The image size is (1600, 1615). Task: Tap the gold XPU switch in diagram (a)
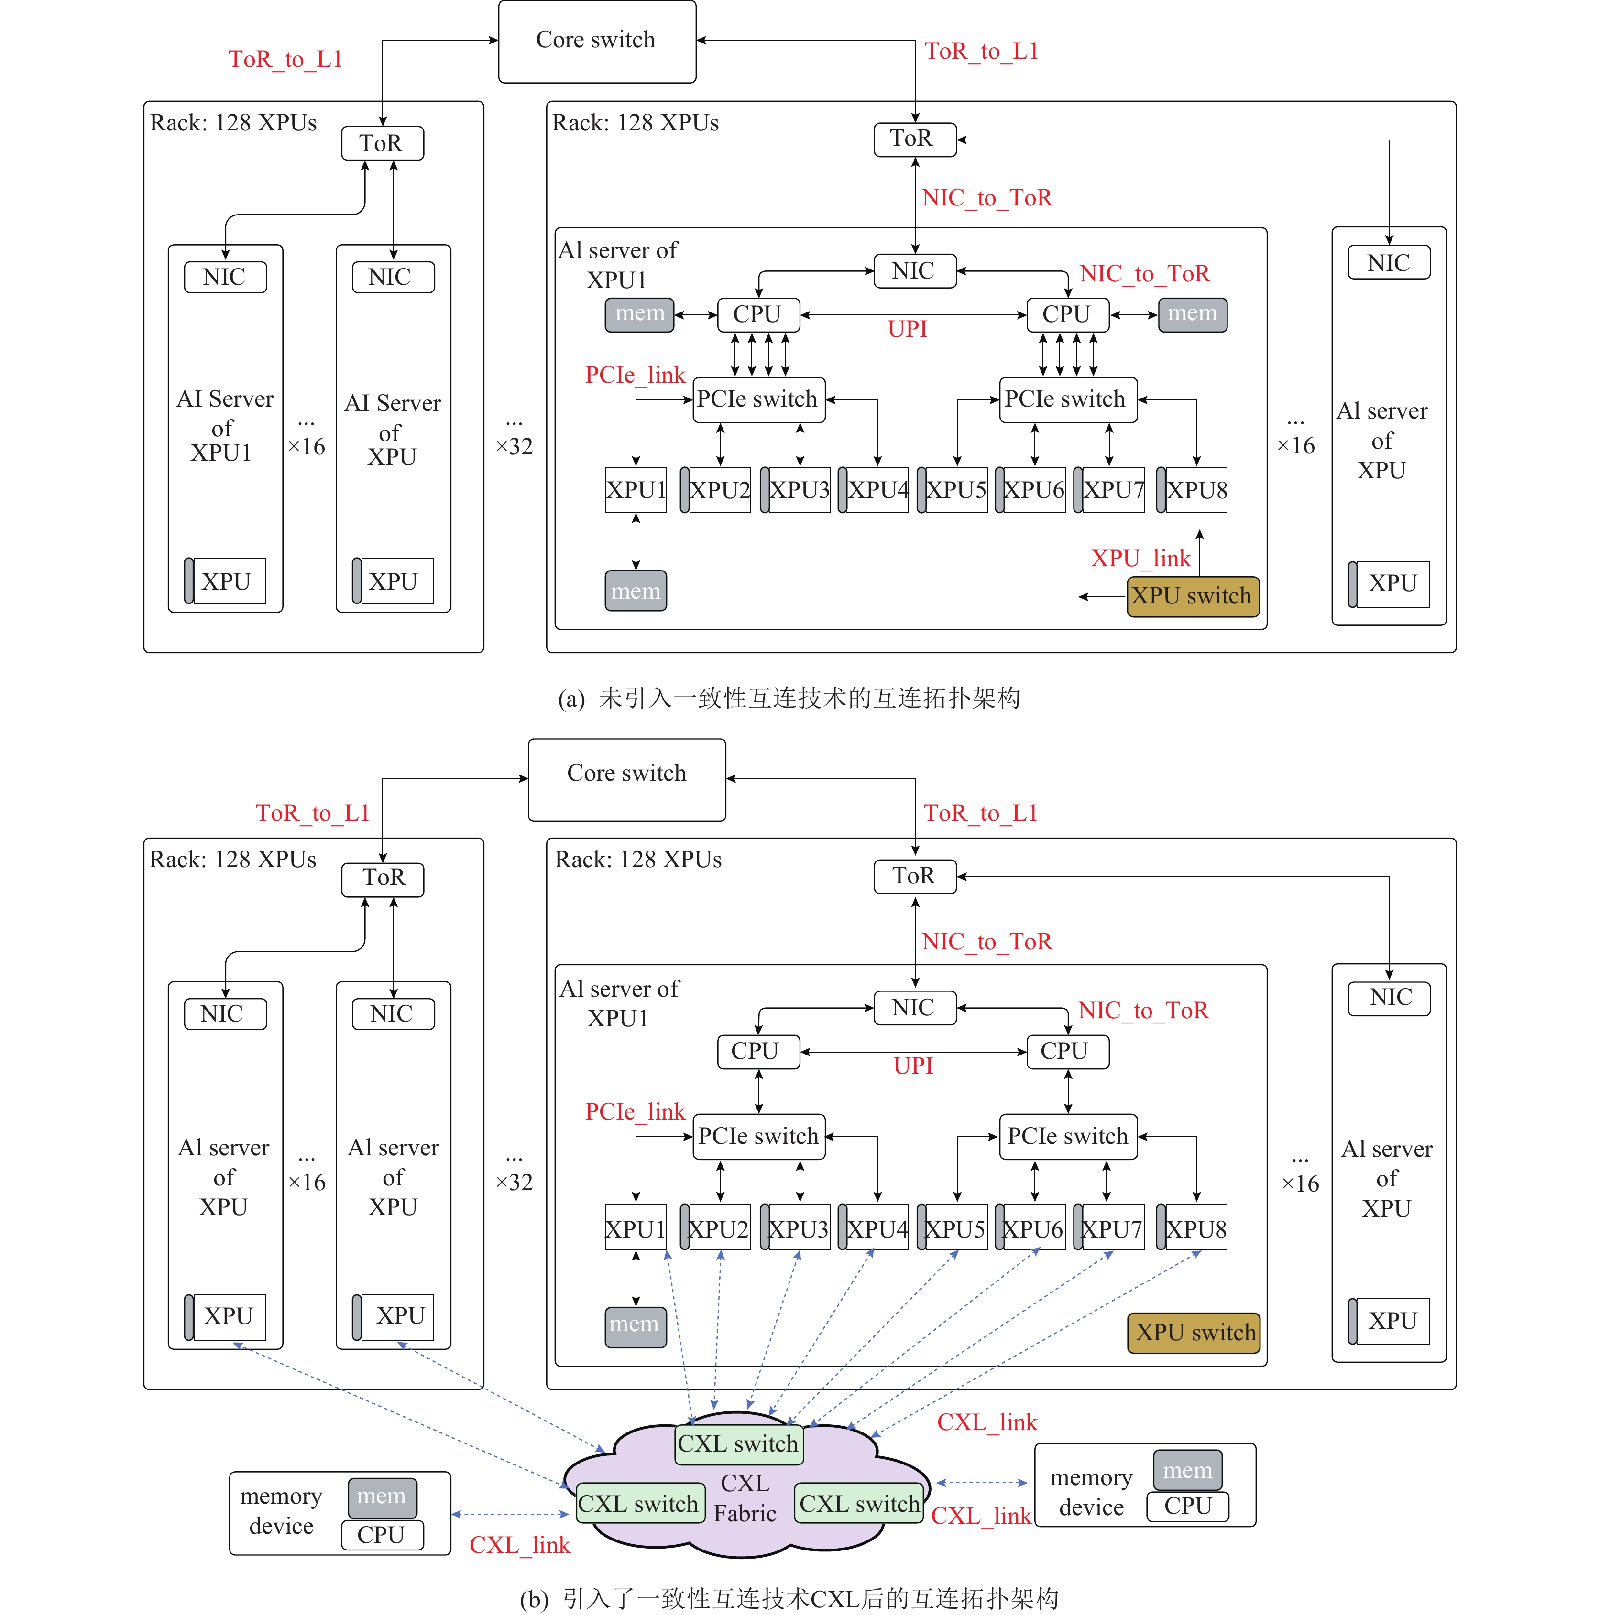(1192, 596)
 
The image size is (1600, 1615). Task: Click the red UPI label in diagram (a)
(908, 329)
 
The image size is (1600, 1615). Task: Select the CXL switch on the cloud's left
(639, 1504)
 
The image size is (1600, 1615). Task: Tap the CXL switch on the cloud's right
(859, 1504)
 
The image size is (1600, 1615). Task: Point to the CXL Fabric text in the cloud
(745, 1498)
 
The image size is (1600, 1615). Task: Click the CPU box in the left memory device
(382, 1535)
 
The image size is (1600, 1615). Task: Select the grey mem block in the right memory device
(1187, 1470)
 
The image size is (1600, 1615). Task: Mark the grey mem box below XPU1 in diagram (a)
(636, 591)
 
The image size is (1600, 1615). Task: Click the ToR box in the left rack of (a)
(382, 143)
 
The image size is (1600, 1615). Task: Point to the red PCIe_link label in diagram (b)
(635, 1112)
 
